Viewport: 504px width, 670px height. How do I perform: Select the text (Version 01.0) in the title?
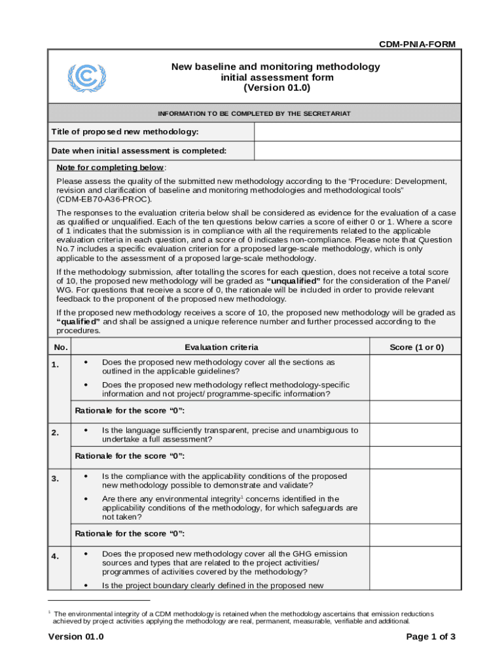pyautogui.click(x=276, y=88)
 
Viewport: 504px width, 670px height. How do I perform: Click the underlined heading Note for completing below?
pyautogui.click(x=111, y=167)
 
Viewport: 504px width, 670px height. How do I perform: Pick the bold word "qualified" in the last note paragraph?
pyautogui.click(x=79, y=322)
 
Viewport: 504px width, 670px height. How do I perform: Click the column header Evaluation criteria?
pyautogui.click(x=221, y=347)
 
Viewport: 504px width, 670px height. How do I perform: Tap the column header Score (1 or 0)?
pyautogui.click(x=416, y=347)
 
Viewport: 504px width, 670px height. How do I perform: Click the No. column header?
pyautogui.click(x=60, y=347)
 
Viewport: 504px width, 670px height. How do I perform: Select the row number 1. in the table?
pyautogui.click(x=58, y=364)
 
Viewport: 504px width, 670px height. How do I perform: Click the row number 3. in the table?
pyautogui.click(x=58, y=479)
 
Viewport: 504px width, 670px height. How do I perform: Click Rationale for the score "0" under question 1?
pyautogui.click(x=130, y=410)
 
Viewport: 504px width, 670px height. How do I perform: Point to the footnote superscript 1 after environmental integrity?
pyautogui.click(x=242, y=497)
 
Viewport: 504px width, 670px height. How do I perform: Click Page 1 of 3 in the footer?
pyautogui.click(x=431, y=637)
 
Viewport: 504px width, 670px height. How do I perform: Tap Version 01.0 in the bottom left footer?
pyautogui.click(x=76, y=637)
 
